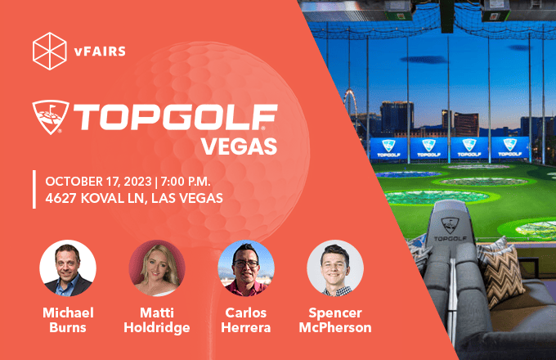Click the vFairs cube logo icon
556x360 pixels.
pyautogui.click(x=50, y=51)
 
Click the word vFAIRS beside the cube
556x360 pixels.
pyautogui.click(x=100, y=52)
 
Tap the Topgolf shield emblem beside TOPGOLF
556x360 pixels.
pyautogui.click(x=51, y=117)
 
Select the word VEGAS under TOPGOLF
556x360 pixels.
pyautogui.click(x=239, y=146)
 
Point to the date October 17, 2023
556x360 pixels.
pyautogui.click(x=99, y=182)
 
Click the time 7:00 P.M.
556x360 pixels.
pyautogui.click(x=186, y=182)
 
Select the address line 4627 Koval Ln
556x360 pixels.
pyautogui.click(x=134, y=198)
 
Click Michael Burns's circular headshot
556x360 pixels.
pyautogui.click(x=68, y=268)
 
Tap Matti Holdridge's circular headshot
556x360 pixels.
pyautogui.click(x=157, y=268)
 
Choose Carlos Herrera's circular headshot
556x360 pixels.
pyautogui.click(x=246, y=268)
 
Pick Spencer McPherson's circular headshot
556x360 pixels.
pyautogui.click(x=335, y=268)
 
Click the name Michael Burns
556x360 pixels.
pyautogui.click(x=68, y=320)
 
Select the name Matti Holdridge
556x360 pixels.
pyautogui.click(x=157, y=320)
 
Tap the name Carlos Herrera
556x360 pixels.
pyautogui.click(x=246, y=320)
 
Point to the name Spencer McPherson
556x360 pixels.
pyautogui.click(x=335, y=320)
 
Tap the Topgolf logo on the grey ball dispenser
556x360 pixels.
pyautogui.click(x=450, y=229)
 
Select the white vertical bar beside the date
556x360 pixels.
pyautogui.click(x=34, y=189)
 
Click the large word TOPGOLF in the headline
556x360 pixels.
pyautogui.click(x=175, y=117)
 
